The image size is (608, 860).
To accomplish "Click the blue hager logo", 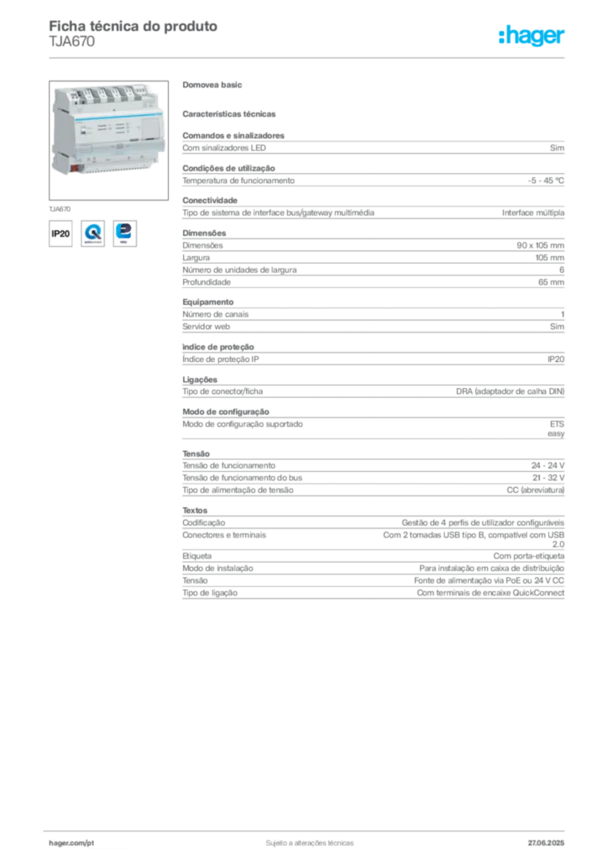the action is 532,35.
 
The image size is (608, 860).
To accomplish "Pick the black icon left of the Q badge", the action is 60,233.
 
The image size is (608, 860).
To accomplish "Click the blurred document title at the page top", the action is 134,27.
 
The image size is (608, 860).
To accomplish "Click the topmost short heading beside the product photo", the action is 214,85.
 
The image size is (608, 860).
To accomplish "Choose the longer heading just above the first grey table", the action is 231,113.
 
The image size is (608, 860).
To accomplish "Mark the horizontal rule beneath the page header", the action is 308,56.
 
